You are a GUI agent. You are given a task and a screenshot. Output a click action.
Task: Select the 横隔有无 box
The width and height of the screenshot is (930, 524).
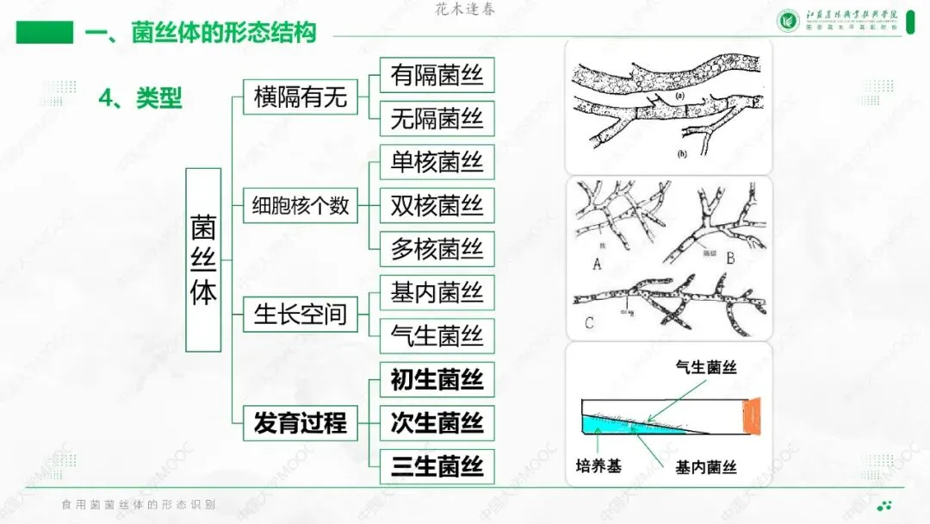pyautogui.click(x=300, y=97)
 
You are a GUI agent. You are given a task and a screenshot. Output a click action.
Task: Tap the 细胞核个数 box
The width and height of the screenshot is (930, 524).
pyautogui.click(x=300, y=206)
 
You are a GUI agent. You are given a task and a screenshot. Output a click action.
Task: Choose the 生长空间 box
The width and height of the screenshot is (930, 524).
pyautogui.click(x=300, y=315)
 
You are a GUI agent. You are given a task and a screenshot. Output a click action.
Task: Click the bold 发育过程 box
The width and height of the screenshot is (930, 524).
pyautogui.click(x=300, y=423)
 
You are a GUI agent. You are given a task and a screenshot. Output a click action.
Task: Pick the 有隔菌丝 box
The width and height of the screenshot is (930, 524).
pyautogui.click(x=437, y=75)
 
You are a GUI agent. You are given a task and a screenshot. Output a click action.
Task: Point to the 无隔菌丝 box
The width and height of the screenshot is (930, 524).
pyautogui.click(x=437, y=119)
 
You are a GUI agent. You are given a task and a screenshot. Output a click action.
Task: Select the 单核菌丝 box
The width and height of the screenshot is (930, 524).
pyautogui.click(x=437, y=162)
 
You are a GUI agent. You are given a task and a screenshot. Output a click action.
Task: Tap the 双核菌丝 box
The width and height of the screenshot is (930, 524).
pyautogui.click(x=437, y=206)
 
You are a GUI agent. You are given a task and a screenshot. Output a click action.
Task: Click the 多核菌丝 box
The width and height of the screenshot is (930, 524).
pyautogui.click(x=437, y=249)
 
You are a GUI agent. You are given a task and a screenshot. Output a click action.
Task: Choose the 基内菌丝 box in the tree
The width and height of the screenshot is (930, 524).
pyautogui.click(x=437, y=293)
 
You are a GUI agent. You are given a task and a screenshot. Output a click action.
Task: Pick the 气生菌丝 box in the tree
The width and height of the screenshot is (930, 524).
pyautogui.click(x=437, y=336)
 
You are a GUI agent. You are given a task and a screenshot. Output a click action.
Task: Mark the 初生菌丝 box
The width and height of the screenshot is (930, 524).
pyautogui.click(x=437, y=380)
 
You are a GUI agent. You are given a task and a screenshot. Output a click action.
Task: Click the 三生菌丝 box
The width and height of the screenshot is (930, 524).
pyautogui.click(x=437, y=467)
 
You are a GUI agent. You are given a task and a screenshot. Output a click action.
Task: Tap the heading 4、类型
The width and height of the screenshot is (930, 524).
pyautogui.click(x=140, y=98)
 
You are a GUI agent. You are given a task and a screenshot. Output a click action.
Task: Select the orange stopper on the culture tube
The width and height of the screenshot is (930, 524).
pyautogui.click(x=751, y=415)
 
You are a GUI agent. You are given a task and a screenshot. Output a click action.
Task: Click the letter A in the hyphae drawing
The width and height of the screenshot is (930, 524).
pyautogui.click(x=597, y=265)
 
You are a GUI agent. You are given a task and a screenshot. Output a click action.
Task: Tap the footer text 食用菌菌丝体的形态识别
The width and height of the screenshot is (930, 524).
pyautogui.click(x=139, y=504)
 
